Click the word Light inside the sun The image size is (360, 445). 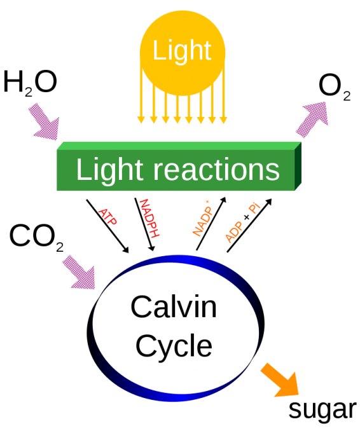(x=182, y=51)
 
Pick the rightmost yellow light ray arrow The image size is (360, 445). (x=223, y=108)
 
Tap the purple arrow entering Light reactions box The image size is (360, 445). (x=43, y=123)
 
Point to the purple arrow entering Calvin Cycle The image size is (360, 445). (x=79, y=270)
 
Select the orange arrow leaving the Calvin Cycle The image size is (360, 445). (x=280, y=380)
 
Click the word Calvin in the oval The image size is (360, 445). (x=174, y=307)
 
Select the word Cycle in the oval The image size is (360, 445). (x=174, y=346)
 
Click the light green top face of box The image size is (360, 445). (x=178, y=146)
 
